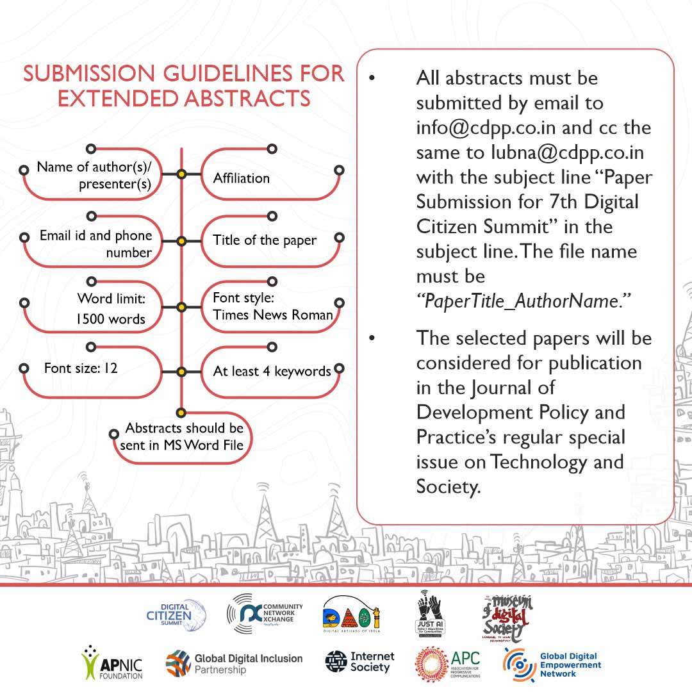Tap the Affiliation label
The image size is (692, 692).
point(241,178)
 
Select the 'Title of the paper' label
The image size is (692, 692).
point(265,240)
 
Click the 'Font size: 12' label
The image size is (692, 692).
point(81,368)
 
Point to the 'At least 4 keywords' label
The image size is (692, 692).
point(272,371)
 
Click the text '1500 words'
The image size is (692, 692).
point(111,319)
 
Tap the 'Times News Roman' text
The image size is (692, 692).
point(273,315)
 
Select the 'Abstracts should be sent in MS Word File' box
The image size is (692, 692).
point(181,436)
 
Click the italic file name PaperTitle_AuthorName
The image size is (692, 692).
point(524,301)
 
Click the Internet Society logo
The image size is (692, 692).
point(359,663)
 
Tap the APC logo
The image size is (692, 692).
point(447,664)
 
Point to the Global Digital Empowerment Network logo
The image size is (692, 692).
point(552,664)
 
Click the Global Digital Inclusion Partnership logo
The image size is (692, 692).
point(234,664)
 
